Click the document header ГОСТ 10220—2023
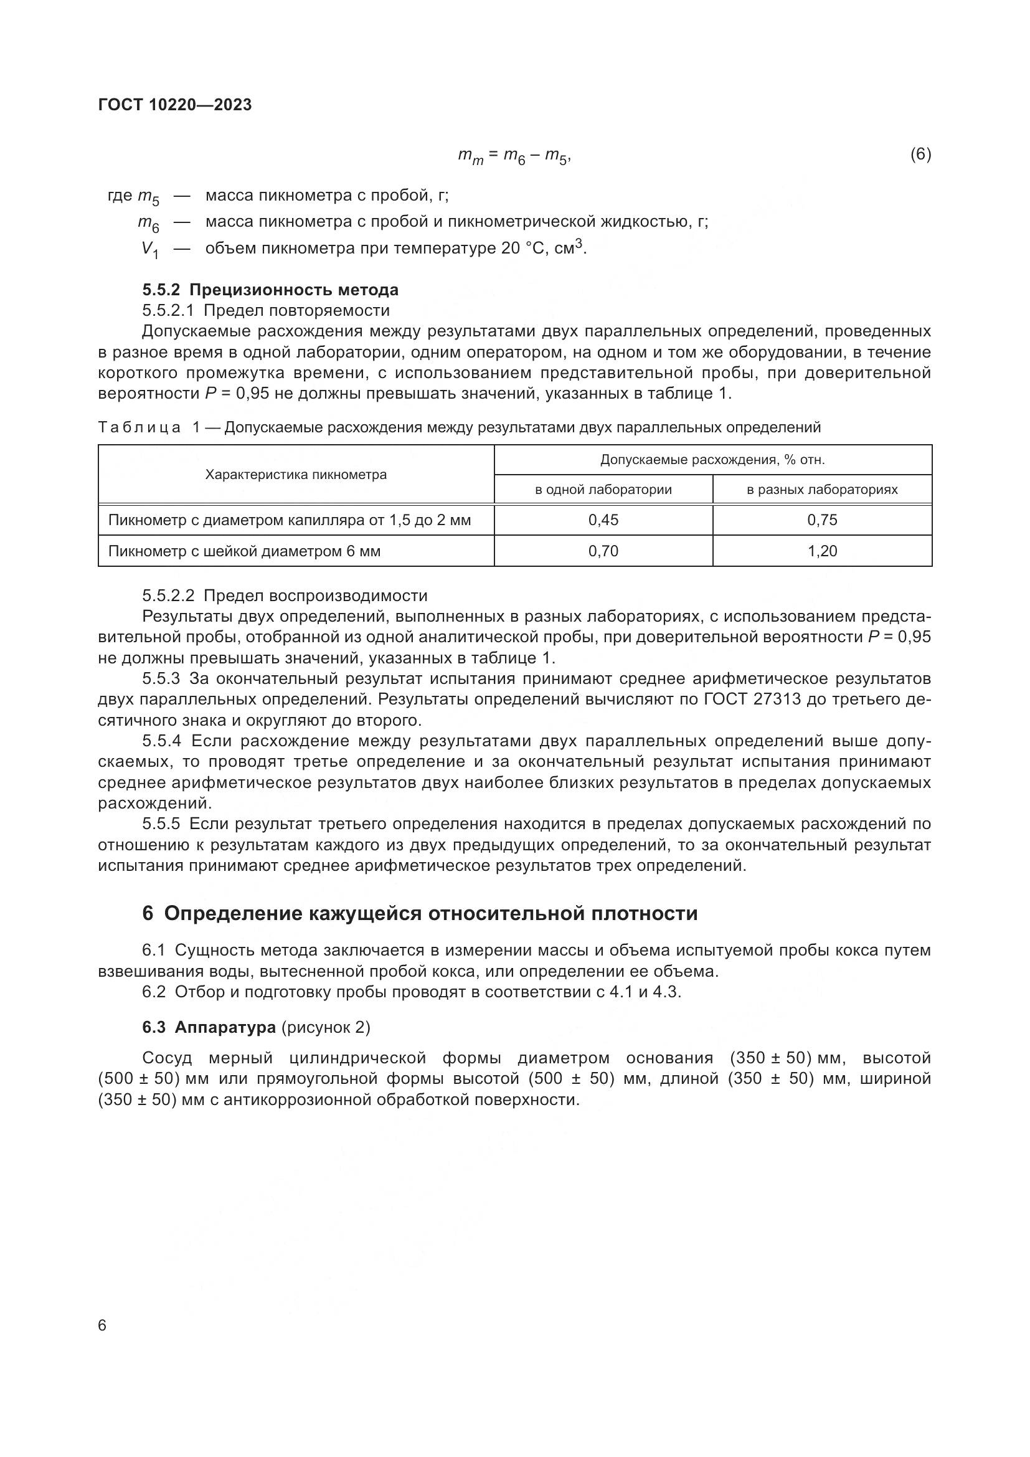tap(175, 105)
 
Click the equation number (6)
tap(920, 154)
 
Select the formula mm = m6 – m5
tap(514, 156)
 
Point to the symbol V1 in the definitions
tap(149, 249)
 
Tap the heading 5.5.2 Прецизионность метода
tap(270, 290)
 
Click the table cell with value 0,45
tap(603, 520)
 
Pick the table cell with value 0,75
tap(822, 520)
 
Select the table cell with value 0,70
tap(603, 551)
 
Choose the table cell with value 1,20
tap(822, 551)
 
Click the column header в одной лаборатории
tap(603, 490)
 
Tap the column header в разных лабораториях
tap(822, 490)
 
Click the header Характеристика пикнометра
tap(296, 475)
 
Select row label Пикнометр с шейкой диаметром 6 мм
tap(244, 551)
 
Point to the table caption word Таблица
tap(139, 428)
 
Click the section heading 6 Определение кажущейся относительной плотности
tap(420, 913)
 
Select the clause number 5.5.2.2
tap(168, 596)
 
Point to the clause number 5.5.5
tap(161, 824)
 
